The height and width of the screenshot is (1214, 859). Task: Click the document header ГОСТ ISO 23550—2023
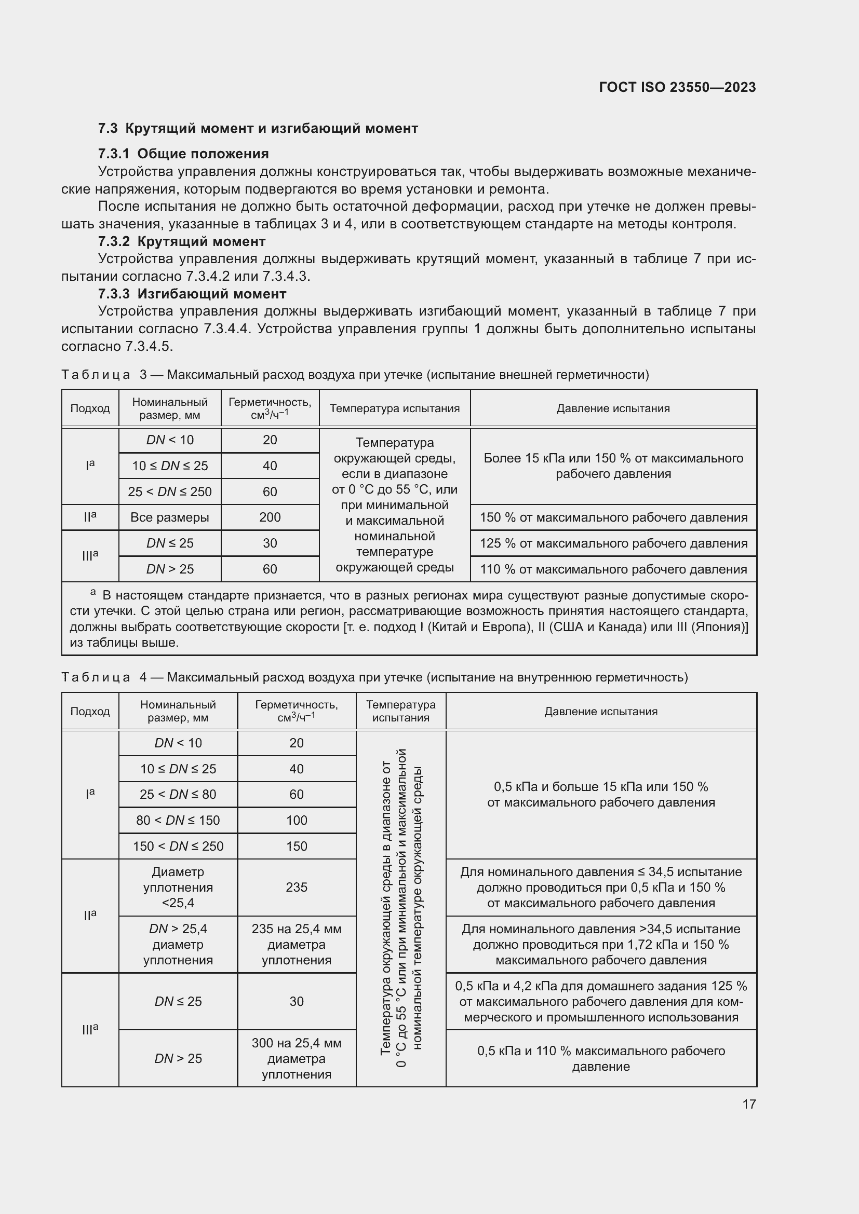click(x=677, y=87)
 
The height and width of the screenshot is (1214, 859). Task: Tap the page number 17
click(x=749, y=1104)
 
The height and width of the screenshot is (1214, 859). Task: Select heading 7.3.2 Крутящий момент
click(x=181, y=242)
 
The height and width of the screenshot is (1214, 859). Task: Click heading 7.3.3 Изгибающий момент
click(x=192, y=294)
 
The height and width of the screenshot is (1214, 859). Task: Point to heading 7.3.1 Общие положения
click(x=183, y=154)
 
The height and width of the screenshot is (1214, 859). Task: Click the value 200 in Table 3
click(x=270, y=517)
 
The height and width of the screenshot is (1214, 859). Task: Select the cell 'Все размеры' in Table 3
click(x=170, y=517)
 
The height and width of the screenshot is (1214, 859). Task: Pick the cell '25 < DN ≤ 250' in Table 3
click(x=170, y=492)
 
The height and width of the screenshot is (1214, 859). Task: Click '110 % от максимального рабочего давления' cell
click(x=613, y=569)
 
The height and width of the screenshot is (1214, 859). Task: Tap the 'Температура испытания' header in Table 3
click(x=395, y=408)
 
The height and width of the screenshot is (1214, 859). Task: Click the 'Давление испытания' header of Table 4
click(x=601, y=712)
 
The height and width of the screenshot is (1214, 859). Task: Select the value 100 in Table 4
click(x=296, y=820)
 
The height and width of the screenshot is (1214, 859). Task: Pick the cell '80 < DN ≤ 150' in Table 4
click(x=178, y=820)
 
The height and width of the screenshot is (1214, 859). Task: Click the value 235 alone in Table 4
click(x=296, y=887)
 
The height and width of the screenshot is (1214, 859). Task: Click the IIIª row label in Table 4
click(x=90, y=1029)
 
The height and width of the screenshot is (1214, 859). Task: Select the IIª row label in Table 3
click(x=90, y=517)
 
